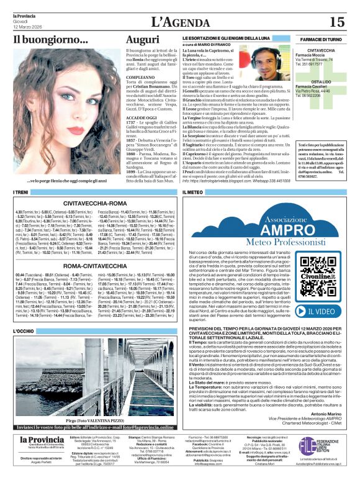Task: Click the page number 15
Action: [336, 22]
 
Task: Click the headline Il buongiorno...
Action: [51, 41]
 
